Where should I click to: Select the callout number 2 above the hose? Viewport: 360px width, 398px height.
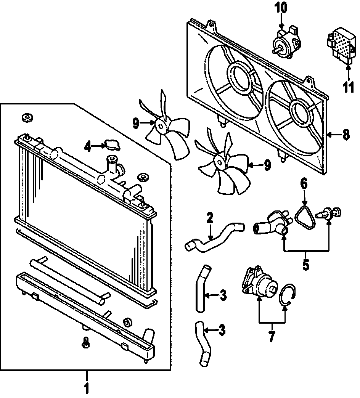tap(210, 218)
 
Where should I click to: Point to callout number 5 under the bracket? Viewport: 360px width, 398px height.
tap(305, 264)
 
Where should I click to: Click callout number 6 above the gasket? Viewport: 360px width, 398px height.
tap(304, 184)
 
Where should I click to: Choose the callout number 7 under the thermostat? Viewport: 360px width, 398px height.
tap(272, 337)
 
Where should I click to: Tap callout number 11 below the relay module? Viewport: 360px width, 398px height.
tap(348, 87)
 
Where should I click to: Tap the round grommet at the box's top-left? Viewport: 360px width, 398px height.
tap(27, 118)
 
